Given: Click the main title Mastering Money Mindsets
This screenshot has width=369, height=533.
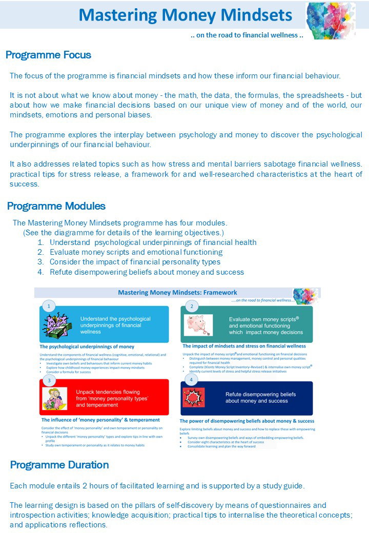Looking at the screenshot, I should (186, 15).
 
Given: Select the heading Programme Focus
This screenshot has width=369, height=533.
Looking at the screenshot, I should (48, 55).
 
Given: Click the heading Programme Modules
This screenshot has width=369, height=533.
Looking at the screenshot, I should (56, 206).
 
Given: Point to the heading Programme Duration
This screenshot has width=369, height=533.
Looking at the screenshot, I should (59, 465).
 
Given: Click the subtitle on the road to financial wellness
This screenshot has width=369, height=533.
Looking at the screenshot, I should (247, 35).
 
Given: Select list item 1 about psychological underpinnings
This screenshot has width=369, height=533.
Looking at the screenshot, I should (153, 242).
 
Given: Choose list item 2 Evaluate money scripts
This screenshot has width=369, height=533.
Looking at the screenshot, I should (136, 252).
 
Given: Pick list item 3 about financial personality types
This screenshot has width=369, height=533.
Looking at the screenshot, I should (135, 262).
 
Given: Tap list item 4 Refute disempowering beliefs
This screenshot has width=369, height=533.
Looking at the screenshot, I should (147, 272).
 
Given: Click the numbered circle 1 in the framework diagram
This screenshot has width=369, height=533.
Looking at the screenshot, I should (48, 306).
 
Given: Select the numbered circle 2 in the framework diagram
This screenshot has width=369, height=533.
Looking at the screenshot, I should (191, 306).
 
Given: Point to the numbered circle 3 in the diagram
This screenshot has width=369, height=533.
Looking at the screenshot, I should (49, 380).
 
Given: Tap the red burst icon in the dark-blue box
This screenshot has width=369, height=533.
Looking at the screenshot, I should (194, 398).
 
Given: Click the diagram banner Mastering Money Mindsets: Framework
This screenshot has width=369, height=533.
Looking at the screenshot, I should (177, 293).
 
